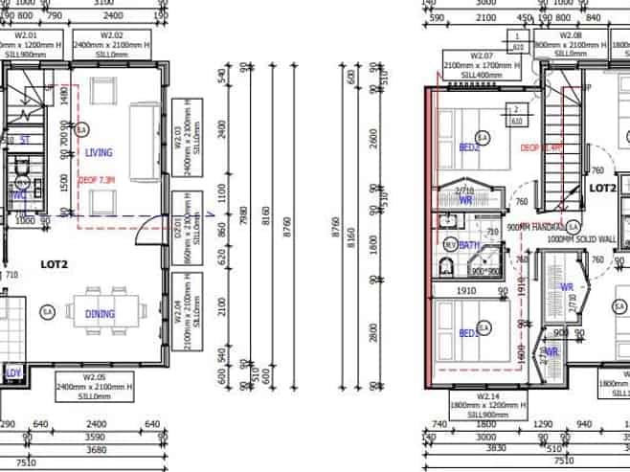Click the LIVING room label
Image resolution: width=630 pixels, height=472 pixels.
99,152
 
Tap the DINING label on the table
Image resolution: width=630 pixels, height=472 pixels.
100,313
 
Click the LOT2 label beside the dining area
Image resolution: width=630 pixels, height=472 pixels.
53,262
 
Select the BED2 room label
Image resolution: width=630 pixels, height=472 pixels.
469,147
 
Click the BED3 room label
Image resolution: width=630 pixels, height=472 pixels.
469,333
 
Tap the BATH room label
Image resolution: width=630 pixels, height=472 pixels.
469,245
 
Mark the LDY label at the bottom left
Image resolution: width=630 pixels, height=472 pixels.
13,372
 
